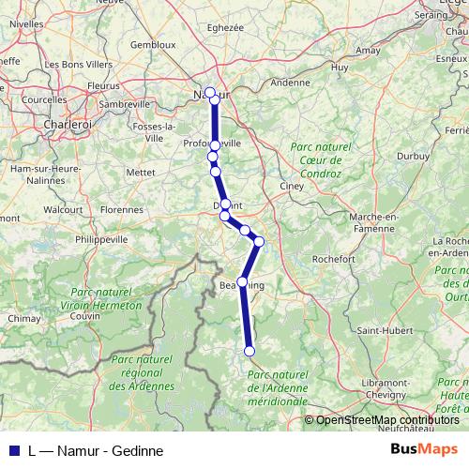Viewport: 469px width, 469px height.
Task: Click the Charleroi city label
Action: tap(65, 123)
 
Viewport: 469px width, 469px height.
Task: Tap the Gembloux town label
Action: tap(153, 44)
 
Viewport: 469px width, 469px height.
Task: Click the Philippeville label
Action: tap(100, 239)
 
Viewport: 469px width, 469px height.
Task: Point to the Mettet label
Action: tap(141, 173)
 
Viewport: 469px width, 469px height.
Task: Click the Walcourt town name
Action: tap(64, 209)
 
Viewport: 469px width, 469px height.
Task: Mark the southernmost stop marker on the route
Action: tap(250, 351)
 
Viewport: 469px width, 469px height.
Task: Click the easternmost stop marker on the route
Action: tap(259, 241)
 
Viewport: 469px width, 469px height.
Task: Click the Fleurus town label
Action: tap(104, 84)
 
